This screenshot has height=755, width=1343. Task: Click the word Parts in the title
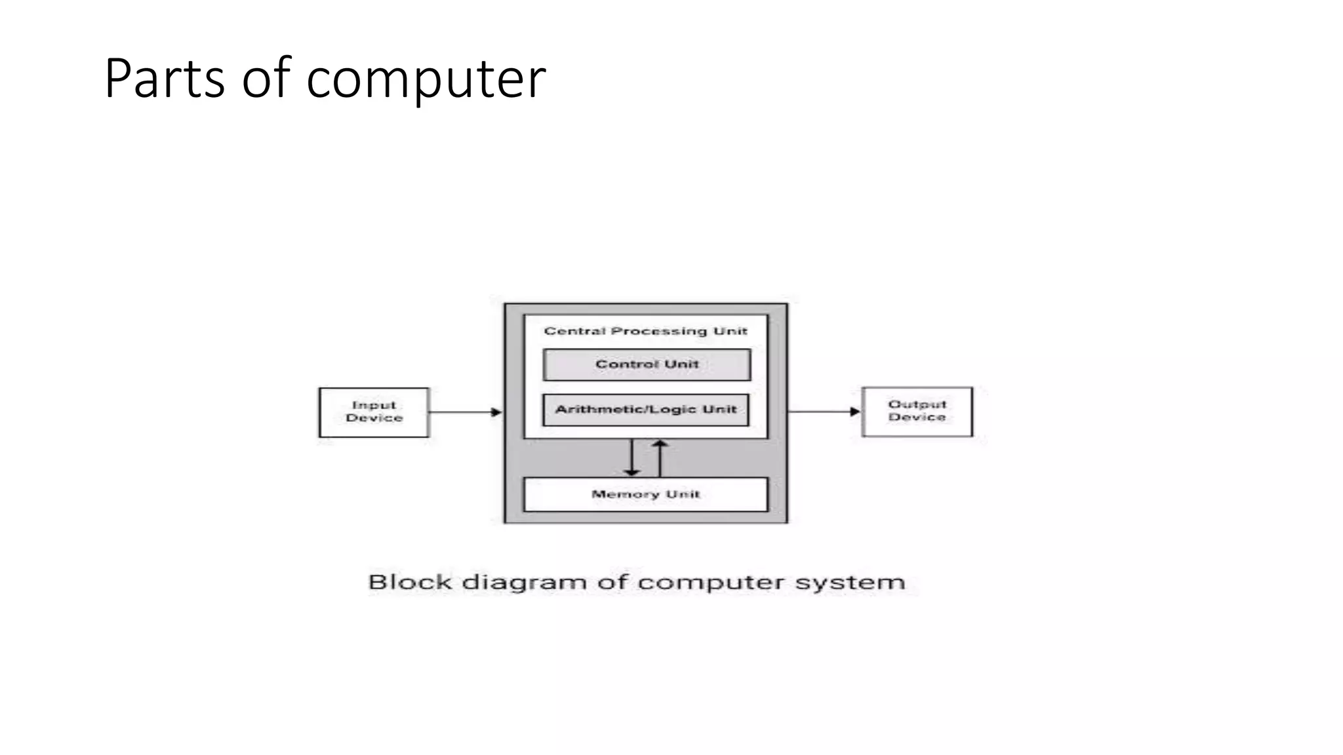point(164,79)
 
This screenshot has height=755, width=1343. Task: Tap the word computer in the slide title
point(426,80)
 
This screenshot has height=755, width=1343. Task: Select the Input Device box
point(374,412)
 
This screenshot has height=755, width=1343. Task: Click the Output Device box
point(917,412)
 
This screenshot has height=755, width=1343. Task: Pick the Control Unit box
point(647,364)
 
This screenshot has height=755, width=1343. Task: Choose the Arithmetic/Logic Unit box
point(646,410)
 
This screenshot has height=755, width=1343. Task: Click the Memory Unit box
point(646,495)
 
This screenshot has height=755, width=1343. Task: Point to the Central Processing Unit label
point(645,331)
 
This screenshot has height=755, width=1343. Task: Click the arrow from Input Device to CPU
point(466,412)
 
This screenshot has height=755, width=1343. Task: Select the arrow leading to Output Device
point(824,412)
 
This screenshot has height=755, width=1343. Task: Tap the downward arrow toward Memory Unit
point(631,457)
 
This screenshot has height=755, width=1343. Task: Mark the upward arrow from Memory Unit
point(660,457)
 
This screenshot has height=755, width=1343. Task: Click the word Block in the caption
point(410,582)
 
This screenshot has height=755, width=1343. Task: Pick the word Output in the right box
point(917,404)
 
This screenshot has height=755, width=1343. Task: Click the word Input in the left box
point(374,405)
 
